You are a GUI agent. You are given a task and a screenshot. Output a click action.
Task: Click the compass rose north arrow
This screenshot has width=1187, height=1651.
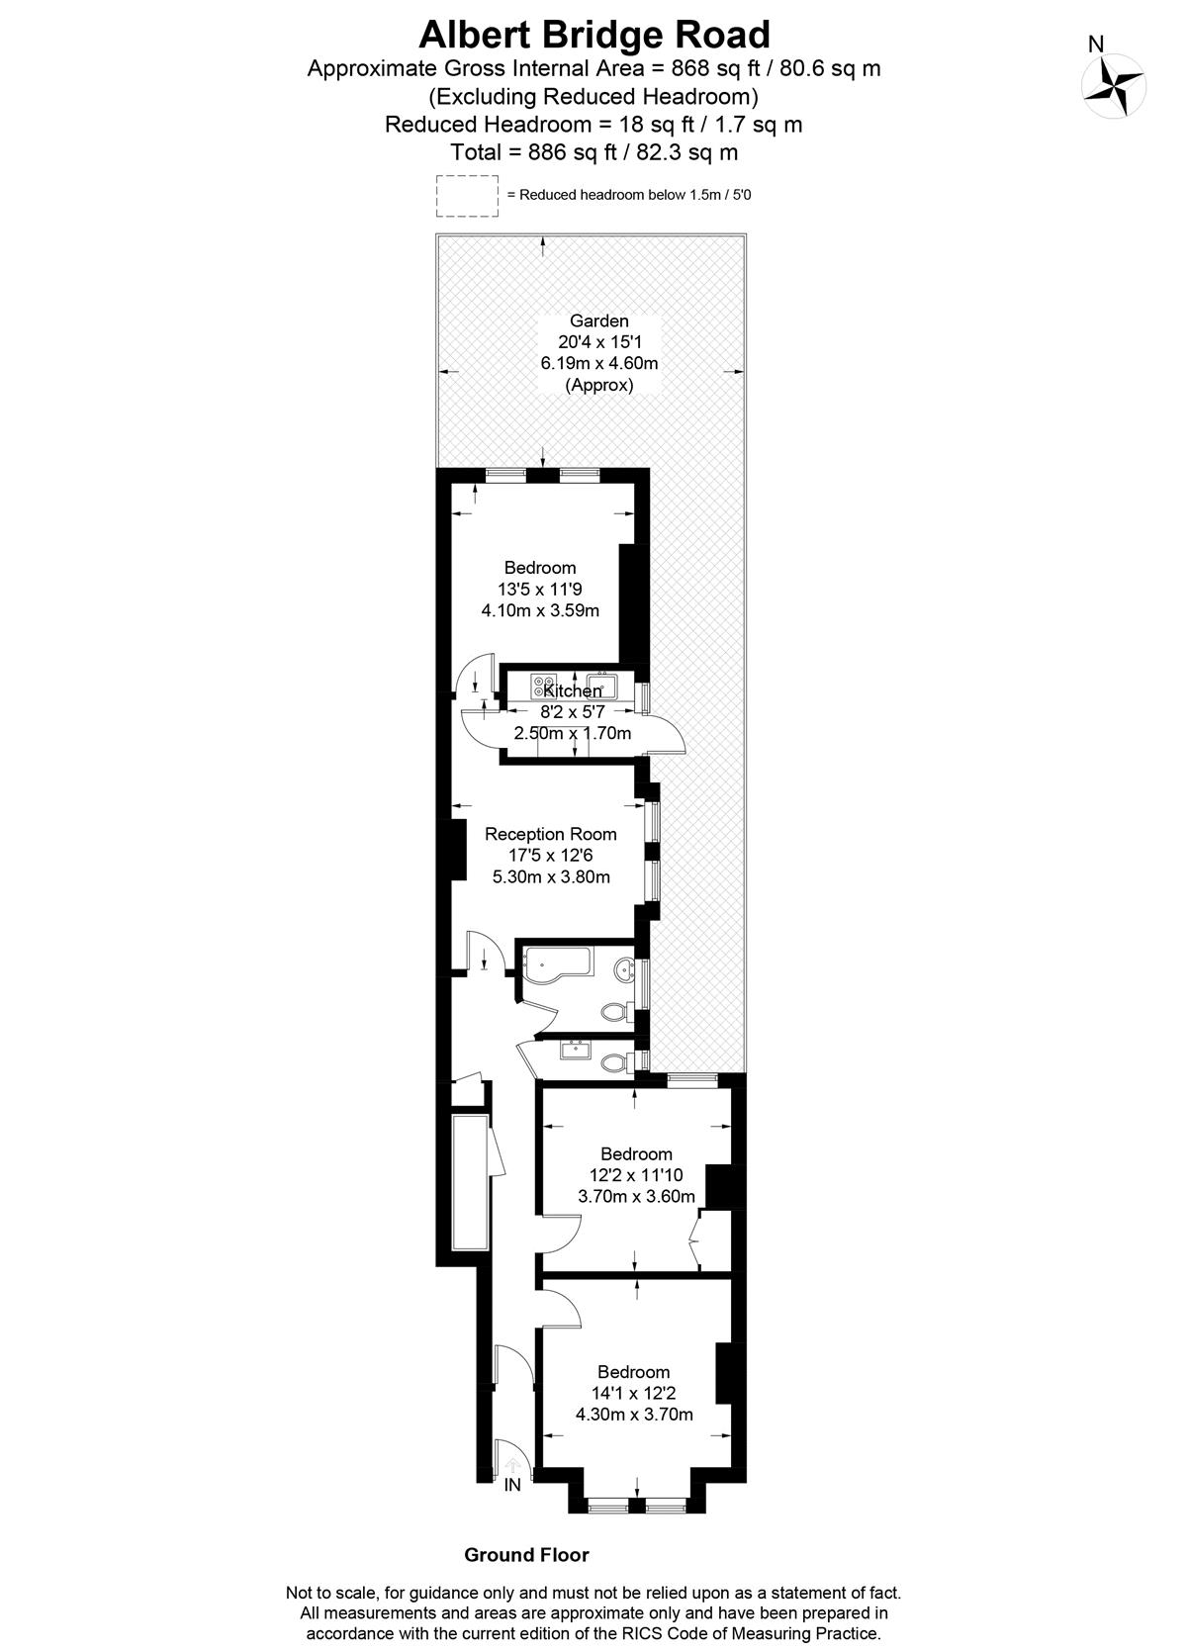[x=1113, y=86]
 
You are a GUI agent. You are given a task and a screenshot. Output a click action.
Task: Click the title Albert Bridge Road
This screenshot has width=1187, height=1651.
[x=593, y=34]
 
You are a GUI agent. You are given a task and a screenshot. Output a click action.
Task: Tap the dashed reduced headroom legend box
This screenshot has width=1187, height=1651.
[x=467, y=195]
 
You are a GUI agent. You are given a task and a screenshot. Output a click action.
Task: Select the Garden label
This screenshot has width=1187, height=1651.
[x=599, y=321]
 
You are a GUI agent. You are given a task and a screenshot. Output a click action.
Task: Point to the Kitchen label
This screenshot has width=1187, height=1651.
[x=572, y=690]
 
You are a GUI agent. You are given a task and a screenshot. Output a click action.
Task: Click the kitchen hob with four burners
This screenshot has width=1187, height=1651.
[x=544, y=687]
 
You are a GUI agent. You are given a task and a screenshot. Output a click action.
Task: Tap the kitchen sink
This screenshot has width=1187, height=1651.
[x=602, y=687]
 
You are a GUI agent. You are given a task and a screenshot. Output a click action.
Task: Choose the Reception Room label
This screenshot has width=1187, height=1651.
[x=550, y=834]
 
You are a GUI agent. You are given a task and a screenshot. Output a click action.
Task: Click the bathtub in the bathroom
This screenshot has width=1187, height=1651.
[x=556, y=967]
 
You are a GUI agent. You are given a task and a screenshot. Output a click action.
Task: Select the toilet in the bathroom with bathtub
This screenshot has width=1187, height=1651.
[x=613, y=1011]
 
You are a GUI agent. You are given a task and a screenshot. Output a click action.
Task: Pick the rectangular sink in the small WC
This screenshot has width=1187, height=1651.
[x=575, y=1049]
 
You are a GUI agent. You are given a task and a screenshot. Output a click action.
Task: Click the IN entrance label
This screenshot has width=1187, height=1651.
[x=512, y=1485]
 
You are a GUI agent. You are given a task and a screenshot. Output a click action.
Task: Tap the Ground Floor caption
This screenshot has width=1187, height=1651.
[x=526, y=1555]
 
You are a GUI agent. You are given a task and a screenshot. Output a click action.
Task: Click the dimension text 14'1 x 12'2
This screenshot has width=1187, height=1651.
[x=634, y=1393]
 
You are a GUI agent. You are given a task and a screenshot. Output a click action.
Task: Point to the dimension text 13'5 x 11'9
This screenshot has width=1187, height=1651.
[x=540, y=589]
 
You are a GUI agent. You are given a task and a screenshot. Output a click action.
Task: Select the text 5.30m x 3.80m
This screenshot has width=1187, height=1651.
[x=551, y=876]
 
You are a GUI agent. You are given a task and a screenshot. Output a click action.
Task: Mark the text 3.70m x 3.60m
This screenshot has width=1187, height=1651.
[x=636, y=1196]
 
